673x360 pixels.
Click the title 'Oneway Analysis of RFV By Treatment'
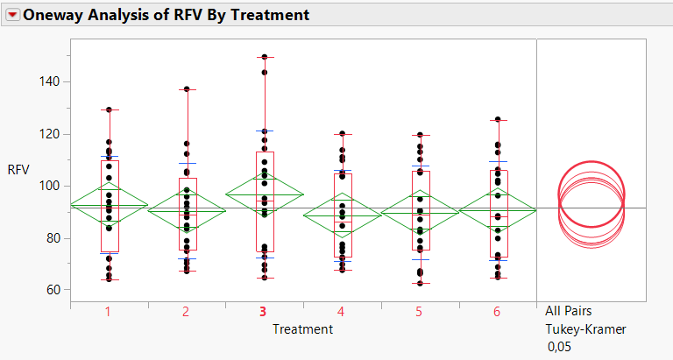(166, 15)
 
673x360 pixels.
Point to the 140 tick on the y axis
(47, 81)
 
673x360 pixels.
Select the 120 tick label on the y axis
(47, 134)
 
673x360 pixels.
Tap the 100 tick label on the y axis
(47, 186)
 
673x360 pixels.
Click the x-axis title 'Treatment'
(301, 328)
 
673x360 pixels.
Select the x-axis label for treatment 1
(108, 312)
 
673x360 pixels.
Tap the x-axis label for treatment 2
(186, 312)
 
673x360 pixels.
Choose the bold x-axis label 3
(264, 312)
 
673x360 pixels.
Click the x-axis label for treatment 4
(341, 312)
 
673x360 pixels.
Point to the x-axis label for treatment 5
(419, 312)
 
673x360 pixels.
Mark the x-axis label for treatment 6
(497, 312)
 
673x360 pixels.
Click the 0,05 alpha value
(559, 347)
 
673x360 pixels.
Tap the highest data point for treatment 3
(264, 57)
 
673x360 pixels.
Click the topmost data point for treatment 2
(187, 89)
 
